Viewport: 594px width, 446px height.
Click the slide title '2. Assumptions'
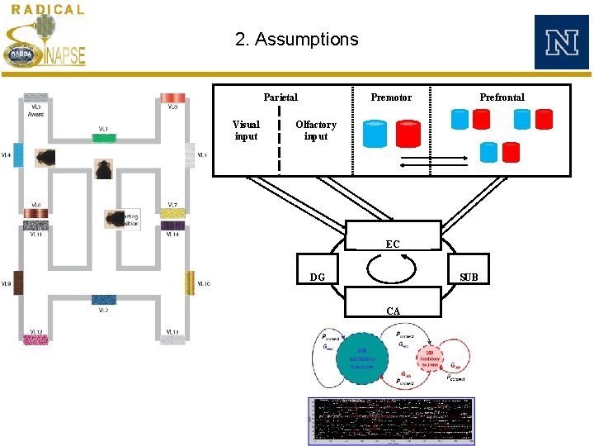[296, 40]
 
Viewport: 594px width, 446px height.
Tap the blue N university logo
[561, 42]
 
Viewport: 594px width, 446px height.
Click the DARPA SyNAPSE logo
[45, 45]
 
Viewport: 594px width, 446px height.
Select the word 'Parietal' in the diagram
[280, 97]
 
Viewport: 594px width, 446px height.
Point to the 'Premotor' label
[391, 97]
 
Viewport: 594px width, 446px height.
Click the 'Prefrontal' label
[502, 97]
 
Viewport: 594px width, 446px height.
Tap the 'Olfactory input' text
[316, 130]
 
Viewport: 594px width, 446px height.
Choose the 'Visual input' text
[246, 130]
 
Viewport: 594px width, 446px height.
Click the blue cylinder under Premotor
[375, 134]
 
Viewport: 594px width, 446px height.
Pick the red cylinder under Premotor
[408, 134]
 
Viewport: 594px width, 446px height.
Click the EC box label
[393, 244]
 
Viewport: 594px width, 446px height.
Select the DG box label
[317, 278]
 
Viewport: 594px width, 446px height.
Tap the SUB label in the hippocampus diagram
[469, 278]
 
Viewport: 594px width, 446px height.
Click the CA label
[394, 311]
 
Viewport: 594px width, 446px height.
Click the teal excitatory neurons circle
[361, 358]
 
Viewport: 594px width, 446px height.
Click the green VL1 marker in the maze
[104, 139]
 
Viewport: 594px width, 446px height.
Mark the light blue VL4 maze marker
[18, 154]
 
